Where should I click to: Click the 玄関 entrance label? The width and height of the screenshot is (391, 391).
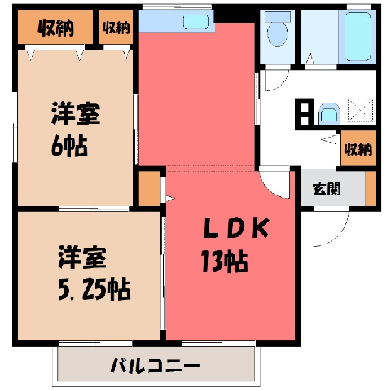pos(327,189)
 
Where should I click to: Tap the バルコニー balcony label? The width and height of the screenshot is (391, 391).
pos(155,366)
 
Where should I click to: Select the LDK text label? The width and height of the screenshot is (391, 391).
pos(236,228)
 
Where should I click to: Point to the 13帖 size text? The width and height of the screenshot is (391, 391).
pos(224,261)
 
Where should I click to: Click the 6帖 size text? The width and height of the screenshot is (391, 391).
pos(69,146)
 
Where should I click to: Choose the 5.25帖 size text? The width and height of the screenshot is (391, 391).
pos(94,289)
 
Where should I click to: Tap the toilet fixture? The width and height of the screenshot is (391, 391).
pos(278,30)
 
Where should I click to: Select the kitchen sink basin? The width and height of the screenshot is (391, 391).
pos(195,21)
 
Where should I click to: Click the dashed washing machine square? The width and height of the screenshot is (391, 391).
pos(361,110)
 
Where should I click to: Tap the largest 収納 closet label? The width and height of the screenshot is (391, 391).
pos(55,28)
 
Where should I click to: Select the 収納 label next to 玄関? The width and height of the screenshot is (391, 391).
pos(358,149)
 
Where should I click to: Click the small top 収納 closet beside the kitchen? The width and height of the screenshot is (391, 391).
pos(116,27)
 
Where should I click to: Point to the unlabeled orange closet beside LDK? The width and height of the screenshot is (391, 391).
pos(150,188)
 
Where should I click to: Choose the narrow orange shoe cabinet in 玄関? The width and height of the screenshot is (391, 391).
pos(371,188)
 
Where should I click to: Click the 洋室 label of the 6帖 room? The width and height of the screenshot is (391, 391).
pos(76,113)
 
